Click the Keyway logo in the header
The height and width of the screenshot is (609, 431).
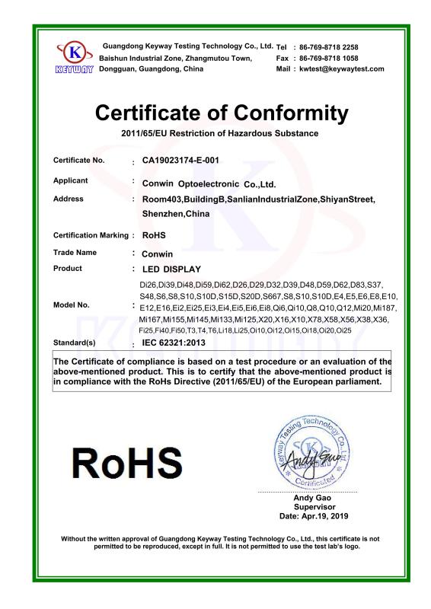tap(75, 57)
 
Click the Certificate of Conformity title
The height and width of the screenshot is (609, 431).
tap(222, 113)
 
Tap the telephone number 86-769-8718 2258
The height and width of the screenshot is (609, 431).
tap(328, 47)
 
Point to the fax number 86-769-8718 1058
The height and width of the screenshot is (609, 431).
tap(328, 58)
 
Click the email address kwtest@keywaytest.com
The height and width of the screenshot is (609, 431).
tap(341, 69)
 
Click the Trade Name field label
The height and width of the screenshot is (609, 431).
tap(75, 252)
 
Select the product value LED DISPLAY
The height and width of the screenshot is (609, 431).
tap(172, 269)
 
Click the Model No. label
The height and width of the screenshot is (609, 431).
tap(72, 304)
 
